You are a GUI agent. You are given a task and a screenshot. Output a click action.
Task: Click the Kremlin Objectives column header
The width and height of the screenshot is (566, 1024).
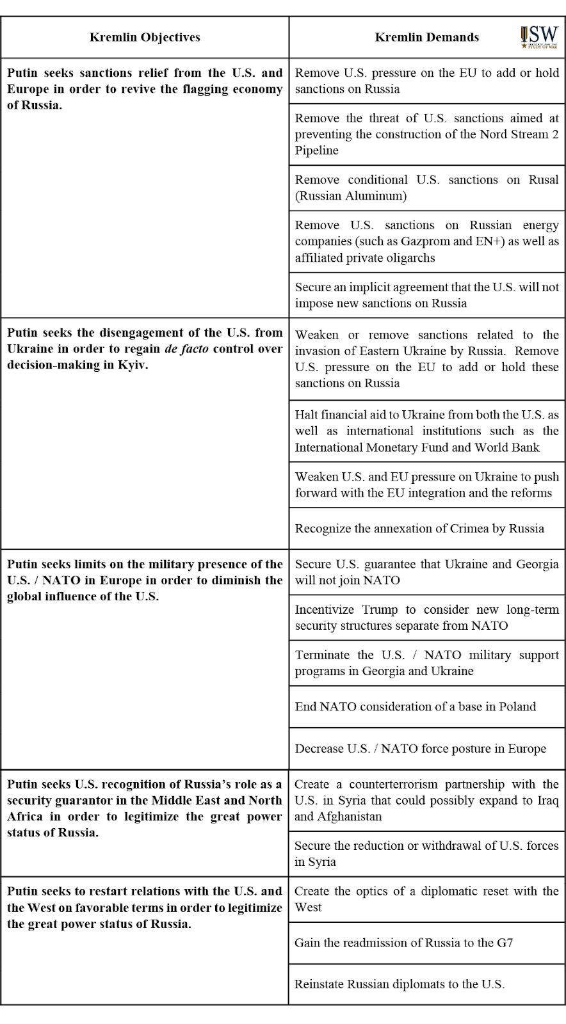[x=145, y=37]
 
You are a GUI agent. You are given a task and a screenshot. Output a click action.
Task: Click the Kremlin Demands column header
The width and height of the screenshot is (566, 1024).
[x=426, y=37]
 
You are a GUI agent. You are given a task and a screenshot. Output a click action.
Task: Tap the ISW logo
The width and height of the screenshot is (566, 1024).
[x=540, y=36]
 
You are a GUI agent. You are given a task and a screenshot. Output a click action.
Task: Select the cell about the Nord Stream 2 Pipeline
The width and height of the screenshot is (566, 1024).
[x=426, y=134]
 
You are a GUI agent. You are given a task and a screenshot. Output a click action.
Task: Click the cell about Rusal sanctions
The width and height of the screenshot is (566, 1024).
[x=426, y=188]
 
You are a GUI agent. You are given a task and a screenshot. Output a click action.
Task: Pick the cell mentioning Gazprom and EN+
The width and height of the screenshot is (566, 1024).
[x=426, y=241]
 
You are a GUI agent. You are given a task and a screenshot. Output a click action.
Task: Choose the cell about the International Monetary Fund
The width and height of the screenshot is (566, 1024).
[x=426, y=431]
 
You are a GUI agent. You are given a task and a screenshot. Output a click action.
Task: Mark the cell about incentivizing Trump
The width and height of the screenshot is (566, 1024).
[x=426, y=618]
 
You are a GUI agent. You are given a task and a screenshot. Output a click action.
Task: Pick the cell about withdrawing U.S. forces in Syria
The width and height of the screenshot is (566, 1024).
[x=426, y=853]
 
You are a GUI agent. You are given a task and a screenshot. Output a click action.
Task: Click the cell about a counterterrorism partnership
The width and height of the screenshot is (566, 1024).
[x=426, y=800]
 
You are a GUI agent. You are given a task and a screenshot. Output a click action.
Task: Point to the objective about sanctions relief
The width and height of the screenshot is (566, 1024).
[x=145, y=89]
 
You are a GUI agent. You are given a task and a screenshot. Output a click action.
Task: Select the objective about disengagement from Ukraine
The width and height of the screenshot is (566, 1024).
[x=145, y=349]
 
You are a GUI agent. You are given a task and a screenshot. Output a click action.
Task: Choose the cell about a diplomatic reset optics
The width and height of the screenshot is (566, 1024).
[x=426, y=899]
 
